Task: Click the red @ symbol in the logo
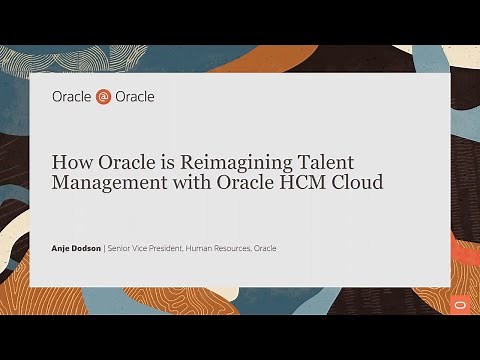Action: pyautogui.click(x=104, y=97)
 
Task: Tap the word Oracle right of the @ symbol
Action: pyautogui.click(x=135, y=97)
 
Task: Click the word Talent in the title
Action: pyautogui.click(x=301, y=161)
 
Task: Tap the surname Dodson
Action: pyautogui.click(x=87, y=248)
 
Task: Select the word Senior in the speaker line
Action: pyautogui.click(x=122, y=248)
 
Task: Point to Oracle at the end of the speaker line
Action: pyautogui.click(x=265, y=248)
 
